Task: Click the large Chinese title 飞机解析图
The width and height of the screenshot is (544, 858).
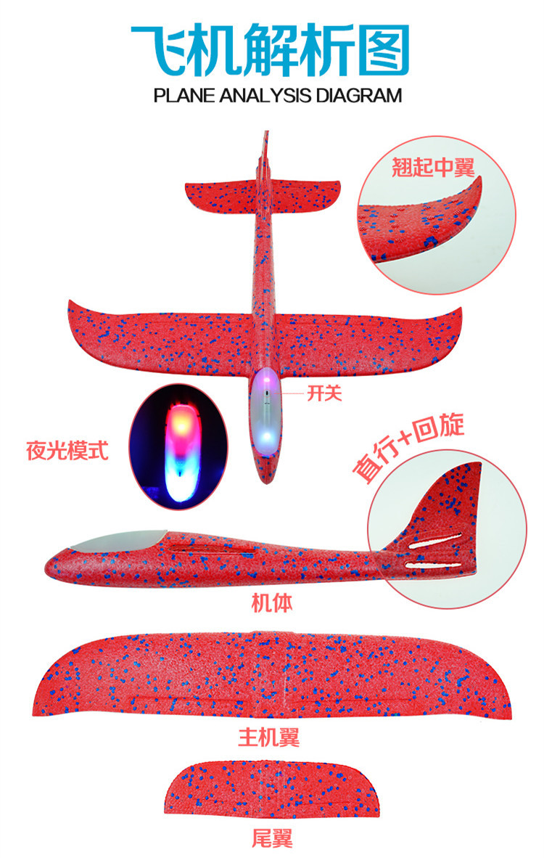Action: pyautogui.click(x=271, y=49)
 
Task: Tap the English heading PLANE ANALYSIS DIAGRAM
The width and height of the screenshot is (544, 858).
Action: pyautogui.click(x=277, y=95)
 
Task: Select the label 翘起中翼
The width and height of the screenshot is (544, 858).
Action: pyautogui.click(x=433, y=168)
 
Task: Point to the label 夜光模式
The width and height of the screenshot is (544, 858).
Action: pyautogui.click(x=68, y=451)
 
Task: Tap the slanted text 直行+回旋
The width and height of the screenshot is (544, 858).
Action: pyautogui.click(x=408, y=450)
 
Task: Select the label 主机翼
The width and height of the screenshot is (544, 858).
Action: pyautogui.click(x=269, y=738)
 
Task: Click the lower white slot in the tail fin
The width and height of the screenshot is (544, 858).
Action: pyautogui.click(x=433, y=564)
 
